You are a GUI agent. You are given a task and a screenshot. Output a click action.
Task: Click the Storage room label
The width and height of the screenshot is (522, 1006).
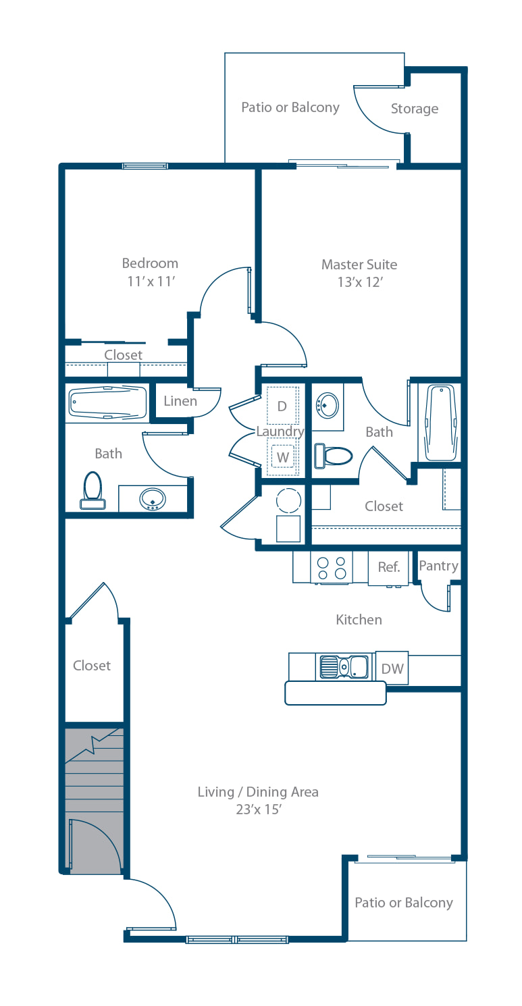414,109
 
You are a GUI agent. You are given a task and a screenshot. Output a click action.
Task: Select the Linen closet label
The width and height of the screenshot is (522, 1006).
180,401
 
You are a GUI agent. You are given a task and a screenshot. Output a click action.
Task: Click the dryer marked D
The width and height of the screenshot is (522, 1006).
282,406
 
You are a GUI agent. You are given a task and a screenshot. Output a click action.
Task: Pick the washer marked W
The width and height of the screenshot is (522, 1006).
282,457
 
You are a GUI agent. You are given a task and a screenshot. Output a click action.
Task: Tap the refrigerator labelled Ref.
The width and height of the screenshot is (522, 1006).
388,567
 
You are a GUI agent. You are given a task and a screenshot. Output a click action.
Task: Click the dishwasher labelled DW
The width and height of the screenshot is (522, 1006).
392,668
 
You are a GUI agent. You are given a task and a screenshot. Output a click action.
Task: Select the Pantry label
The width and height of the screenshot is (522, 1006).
438,566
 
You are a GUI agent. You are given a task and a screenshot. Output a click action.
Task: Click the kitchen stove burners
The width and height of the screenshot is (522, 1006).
332,568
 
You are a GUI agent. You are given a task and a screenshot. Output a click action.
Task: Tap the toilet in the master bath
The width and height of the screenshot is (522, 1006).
333,455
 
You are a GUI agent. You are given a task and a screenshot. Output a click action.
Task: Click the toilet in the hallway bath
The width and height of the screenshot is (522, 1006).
93,490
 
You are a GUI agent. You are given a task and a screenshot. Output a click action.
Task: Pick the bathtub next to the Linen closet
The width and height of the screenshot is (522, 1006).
108,402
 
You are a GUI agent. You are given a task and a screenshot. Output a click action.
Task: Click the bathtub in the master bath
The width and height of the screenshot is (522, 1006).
441,422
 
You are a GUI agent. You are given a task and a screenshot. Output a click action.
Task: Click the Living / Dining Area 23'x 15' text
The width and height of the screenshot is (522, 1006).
259,800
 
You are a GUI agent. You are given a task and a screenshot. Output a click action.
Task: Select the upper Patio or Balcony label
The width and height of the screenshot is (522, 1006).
290,107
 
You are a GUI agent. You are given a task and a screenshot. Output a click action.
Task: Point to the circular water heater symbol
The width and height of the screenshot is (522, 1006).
288,501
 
